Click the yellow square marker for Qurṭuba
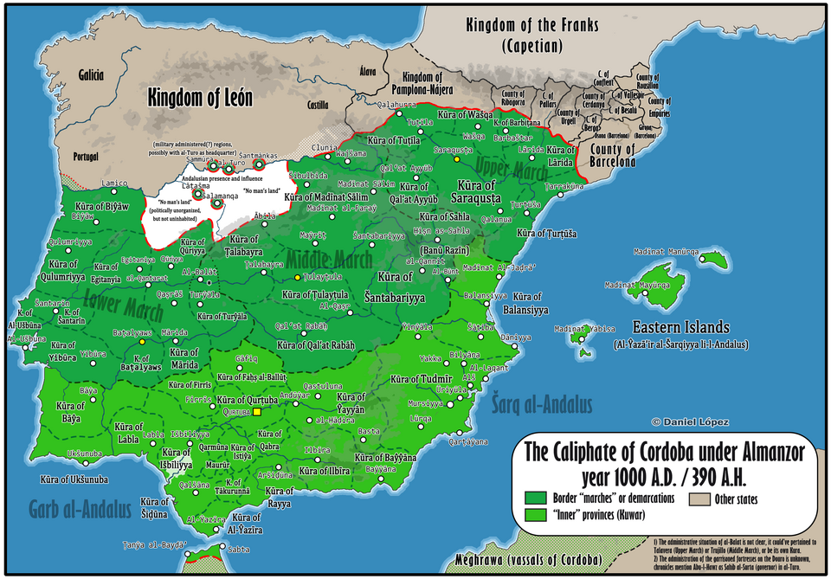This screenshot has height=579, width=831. (x=256, y=412)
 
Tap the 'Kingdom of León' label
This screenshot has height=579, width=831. (x=200, y=98)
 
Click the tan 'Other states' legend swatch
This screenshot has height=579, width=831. (x=699, y=499)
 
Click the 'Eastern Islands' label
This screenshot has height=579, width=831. (x=680, y=328)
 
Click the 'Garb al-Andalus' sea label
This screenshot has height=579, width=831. (x=80, y=508)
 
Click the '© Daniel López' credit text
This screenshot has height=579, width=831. (x=690, y=422)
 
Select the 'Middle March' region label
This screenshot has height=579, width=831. (x=330, y=259)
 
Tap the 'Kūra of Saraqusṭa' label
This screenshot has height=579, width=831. (x=477, y=192)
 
